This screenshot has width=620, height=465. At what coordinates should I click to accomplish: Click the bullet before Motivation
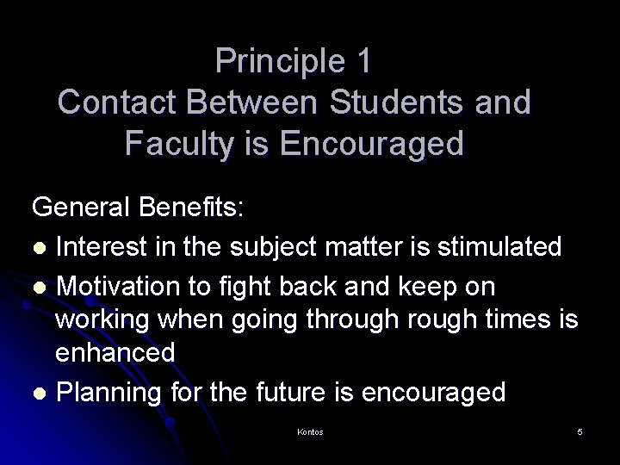tap(40, 285)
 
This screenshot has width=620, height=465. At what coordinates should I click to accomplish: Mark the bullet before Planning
tap(40, 393)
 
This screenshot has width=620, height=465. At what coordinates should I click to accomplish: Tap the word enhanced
tap(115, 352)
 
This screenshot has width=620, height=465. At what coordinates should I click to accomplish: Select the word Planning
tap(111, 393)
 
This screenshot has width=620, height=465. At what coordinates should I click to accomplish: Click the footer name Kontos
tap(309, 431)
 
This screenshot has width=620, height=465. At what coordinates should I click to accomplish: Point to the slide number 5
tap(580, 431)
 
